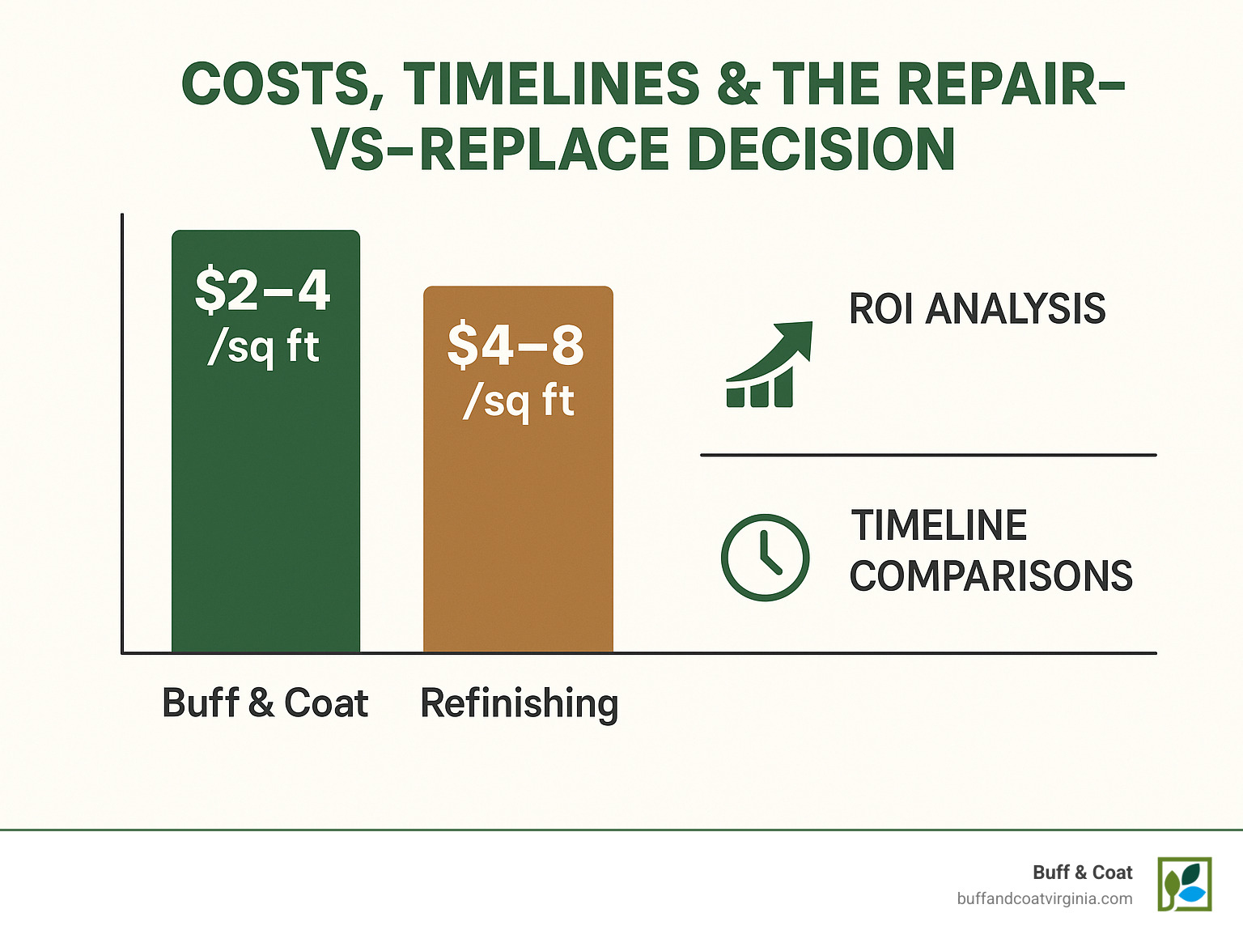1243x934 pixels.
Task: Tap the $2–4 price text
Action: [x=263, y=290]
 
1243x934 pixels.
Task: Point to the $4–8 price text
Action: [x=516, y=345]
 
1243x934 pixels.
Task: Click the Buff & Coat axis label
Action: [x=265, y=703]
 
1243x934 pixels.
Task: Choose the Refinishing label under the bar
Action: [x=520, y=703]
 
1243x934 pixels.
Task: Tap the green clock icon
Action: [x=765, y=557]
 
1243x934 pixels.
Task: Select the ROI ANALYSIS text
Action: [x=977, y=309]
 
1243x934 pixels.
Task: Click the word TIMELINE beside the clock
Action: [x=939, y=526]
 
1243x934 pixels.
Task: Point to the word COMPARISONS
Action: [x=991, y=576]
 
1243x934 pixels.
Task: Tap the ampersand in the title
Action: [x=738, y=84]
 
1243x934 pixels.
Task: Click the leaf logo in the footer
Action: [x=1184, y=884]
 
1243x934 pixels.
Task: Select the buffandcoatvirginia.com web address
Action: [x=1044, y=898]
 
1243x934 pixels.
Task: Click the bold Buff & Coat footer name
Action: [x=1082, y=872]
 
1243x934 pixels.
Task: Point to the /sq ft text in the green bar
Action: [x=264, y=348]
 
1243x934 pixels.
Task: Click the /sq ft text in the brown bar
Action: [x=518, y=401]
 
